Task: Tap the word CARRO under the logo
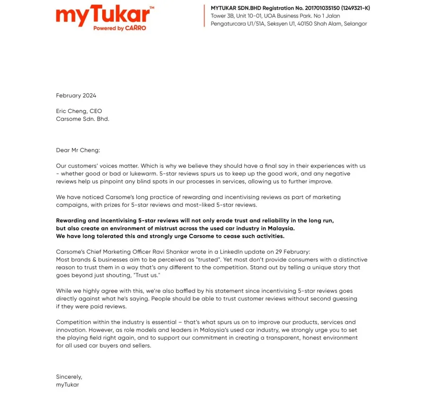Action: [x=135, y=28]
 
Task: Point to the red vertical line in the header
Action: [x=204, y=16]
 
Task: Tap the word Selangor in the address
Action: [x=355, y=24]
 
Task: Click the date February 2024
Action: [x=76, y=96]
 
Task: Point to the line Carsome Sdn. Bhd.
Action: [x=82, y=119]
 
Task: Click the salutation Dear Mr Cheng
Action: [x=78, y=150]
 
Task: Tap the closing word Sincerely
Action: [x=69, y=377]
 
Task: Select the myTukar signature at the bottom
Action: [x=68, y=385]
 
